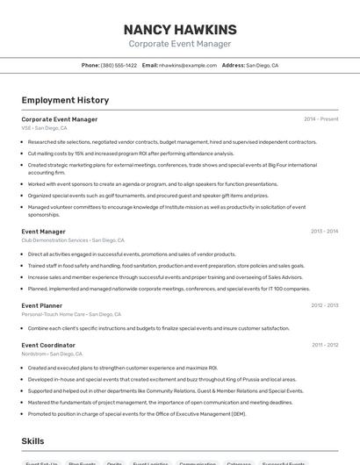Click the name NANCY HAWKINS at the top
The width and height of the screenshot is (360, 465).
180,29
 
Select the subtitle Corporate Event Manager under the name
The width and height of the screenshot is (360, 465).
180,44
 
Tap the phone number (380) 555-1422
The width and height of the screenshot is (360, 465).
119,65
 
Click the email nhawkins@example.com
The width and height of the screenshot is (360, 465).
188,65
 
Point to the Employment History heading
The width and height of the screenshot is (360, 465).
65,100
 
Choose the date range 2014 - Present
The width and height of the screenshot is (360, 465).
320,118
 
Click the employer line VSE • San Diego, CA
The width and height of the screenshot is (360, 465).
44,127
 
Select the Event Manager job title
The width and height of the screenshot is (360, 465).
43,232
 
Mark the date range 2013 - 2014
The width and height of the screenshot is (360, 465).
324,232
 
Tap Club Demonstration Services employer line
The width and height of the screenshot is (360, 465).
73,240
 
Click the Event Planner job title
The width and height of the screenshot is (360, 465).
41,305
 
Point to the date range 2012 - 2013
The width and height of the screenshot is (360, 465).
324,305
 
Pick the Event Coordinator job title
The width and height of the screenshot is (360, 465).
49,345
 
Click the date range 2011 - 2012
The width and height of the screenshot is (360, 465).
325,345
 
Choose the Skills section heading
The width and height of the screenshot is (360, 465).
32,440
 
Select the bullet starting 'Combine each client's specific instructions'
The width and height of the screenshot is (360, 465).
158,328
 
